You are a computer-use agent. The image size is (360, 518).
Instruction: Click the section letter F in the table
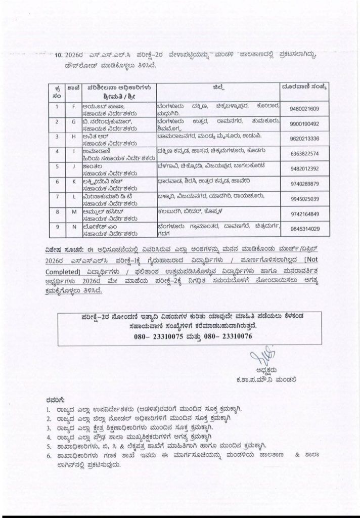point(73,107)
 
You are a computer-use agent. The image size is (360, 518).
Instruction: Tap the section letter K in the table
point(73,181)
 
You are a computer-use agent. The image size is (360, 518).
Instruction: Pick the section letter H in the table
point(73,137)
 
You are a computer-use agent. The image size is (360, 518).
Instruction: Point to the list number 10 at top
point(59,55)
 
